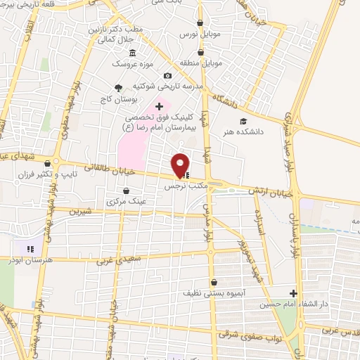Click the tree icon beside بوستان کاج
pyautogui.click(x=118, y=88)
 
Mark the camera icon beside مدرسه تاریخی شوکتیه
pyautogui.click(x=167, y=76)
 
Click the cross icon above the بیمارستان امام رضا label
pyautogui.click(x=159, y=105)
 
